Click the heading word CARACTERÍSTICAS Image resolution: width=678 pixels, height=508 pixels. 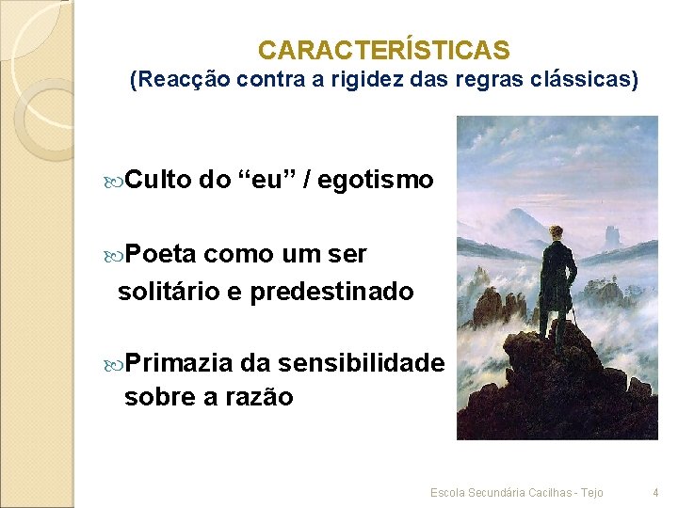pos(383,50)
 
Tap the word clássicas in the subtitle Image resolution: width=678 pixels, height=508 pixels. pos(588,81)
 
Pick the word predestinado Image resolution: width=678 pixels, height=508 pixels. pos(331,292)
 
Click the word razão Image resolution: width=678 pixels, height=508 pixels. pos(259,397)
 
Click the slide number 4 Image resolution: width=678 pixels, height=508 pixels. pos(656,493)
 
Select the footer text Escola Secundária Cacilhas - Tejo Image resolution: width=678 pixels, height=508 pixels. pos(516,493)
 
